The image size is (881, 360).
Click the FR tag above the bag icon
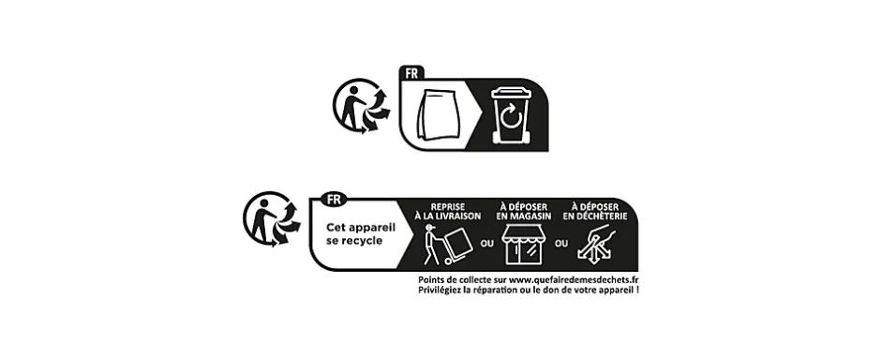411,72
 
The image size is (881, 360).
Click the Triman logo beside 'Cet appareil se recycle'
271,221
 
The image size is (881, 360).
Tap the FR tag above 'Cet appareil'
332,199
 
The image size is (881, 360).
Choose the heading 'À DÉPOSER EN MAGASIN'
525,211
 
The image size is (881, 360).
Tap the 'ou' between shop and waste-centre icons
561,244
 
